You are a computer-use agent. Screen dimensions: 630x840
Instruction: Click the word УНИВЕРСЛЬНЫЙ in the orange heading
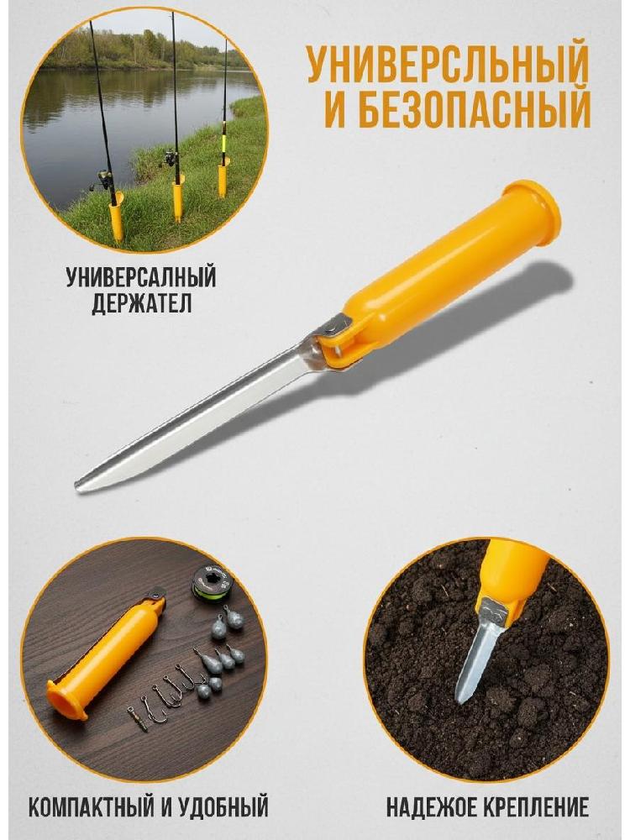[447, 65]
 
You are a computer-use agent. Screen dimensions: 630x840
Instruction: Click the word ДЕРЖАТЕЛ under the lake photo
[141, 303]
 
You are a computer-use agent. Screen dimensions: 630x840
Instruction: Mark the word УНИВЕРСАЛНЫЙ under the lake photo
[141, 277]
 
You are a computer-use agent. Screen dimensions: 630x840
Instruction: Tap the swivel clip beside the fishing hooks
[138, 718]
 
